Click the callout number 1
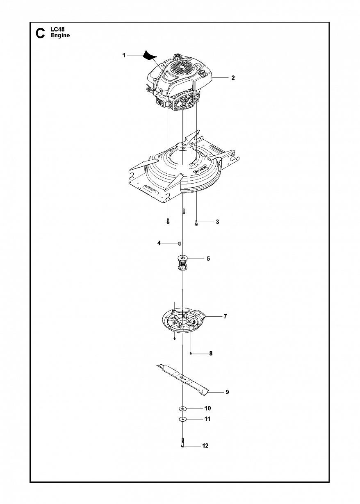(x=124, y=55)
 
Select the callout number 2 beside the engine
(x=233, y=78)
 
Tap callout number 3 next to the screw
(x=217, y=222)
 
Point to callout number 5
(x=208, y=259)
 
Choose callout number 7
(x=225, y=316)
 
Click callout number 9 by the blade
(x=227, y=392)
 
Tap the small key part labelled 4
(x=180, y=244)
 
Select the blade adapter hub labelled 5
(x=182, y=263)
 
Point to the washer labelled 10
(x=183, y=409)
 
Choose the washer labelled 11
(x=183, y=419)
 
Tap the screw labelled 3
(x=196, y=223)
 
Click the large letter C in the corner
(x=40, y=33)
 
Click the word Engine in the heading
(x=60, y=36)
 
